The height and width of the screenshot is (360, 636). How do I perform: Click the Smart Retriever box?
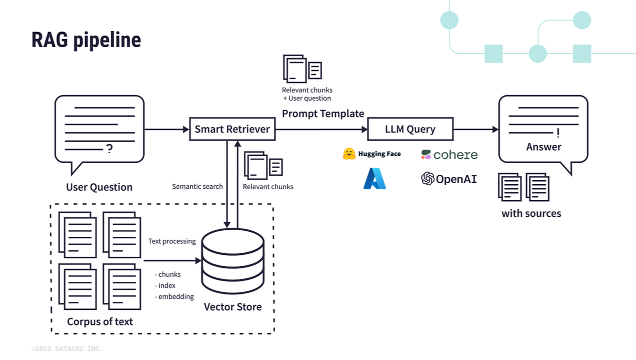tap(232, 129)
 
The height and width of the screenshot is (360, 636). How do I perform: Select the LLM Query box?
tap(410, 129)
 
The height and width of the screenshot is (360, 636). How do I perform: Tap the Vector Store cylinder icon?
tap(233, 261)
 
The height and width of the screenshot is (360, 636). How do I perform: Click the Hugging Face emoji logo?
tap(349, 154)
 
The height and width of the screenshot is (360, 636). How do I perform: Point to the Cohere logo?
tap(449, 155)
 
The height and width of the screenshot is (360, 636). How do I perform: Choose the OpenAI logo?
tap(449, 179)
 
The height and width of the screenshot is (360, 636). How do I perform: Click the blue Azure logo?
tap(375, 178)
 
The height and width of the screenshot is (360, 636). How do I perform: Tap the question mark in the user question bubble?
tap(109, 148)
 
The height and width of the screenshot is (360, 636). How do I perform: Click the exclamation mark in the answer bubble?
tap(558, 133)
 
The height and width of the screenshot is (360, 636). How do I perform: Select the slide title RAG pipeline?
tap(86, 40)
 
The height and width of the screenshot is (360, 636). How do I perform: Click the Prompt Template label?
tap(323, 114)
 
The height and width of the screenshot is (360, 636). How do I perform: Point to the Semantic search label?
tap(197, 186)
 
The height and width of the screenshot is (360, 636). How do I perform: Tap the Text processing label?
tap(172, 241)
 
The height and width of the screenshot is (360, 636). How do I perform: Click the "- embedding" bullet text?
tap(174, 296)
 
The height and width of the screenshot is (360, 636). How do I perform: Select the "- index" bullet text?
tap(165, 285)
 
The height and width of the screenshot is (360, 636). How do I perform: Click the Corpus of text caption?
tap(100, 321)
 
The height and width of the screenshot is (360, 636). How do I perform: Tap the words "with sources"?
tap(531, 213)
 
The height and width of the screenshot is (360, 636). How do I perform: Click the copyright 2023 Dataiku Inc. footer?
tap(67, 349)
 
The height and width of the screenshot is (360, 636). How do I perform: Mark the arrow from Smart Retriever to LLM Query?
tap(321, 129)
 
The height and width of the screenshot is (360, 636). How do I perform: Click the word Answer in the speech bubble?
tap(544, 147)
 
